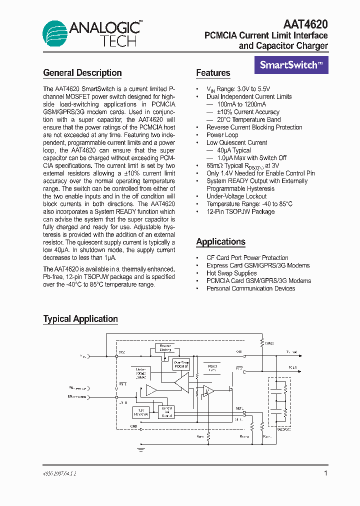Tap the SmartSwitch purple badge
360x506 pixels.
coord(291,64)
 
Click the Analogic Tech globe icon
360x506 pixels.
coord(54,33)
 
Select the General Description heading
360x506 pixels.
coord(82,73)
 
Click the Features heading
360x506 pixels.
coord(213,73)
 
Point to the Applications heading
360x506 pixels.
coord(220,242)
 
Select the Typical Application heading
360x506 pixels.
coord(80,319)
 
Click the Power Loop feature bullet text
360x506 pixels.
coord(222,135)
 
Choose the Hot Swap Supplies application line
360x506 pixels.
coord(231,273)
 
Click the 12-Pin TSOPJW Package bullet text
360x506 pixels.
coord(240,211)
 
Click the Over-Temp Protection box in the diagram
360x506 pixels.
coord(181,364)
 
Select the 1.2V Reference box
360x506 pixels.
coord(141,412)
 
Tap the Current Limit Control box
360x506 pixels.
coord(166,412)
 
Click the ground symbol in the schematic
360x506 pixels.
coord(141,449)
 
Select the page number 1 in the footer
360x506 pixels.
coord(326,473)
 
